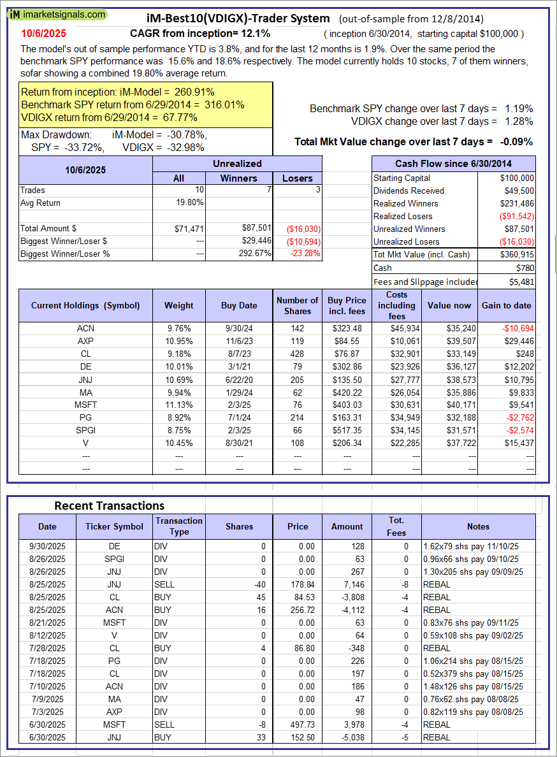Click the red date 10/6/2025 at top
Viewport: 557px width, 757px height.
(x=43, y=33)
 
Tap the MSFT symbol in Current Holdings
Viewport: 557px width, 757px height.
(x=85, y=405)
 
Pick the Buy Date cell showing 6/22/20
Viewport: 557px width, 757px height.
(x=239, y=379)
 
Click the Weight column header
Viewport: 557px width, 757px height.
(x=178, y=305)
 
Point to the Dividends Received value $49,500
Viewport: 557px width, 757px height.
(x=517, y=191)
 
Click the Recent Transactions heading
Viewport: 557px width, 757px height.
(x=109, y=505)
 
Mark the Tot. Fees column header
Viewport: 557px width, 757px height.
(x=396, y=526)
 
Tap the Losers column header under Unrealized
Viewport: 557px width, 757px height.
(x=298, y=178)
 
